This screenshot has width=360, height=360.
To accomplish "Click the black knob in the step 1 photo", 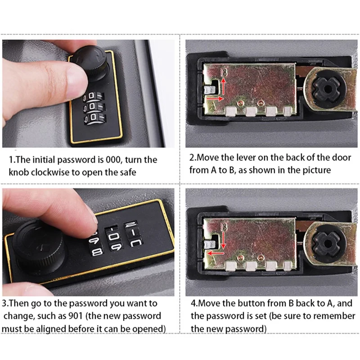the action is [x=91, y=62].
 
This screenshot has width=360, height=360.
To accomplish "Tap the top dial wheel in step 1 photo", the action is [x=94, y=96].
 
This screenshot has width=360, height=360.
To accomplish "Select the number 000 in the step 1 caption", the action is [x=113, y=160].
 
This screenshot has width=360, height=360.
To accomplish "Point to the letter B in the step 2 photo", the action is [x=224, y=72].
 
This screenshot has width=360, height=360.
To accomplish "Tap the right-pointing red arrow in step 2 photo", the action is [x=215, y=99].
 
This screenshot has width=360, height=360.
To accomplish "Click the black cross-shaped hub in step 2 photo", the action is [x=326, y=90].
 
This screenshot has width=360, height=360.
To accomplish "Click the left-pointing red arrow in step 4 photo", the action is [x=216, y=253].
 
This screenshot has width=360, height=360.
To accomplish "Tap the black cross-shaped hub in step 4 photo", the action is [x=326, y=245].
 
